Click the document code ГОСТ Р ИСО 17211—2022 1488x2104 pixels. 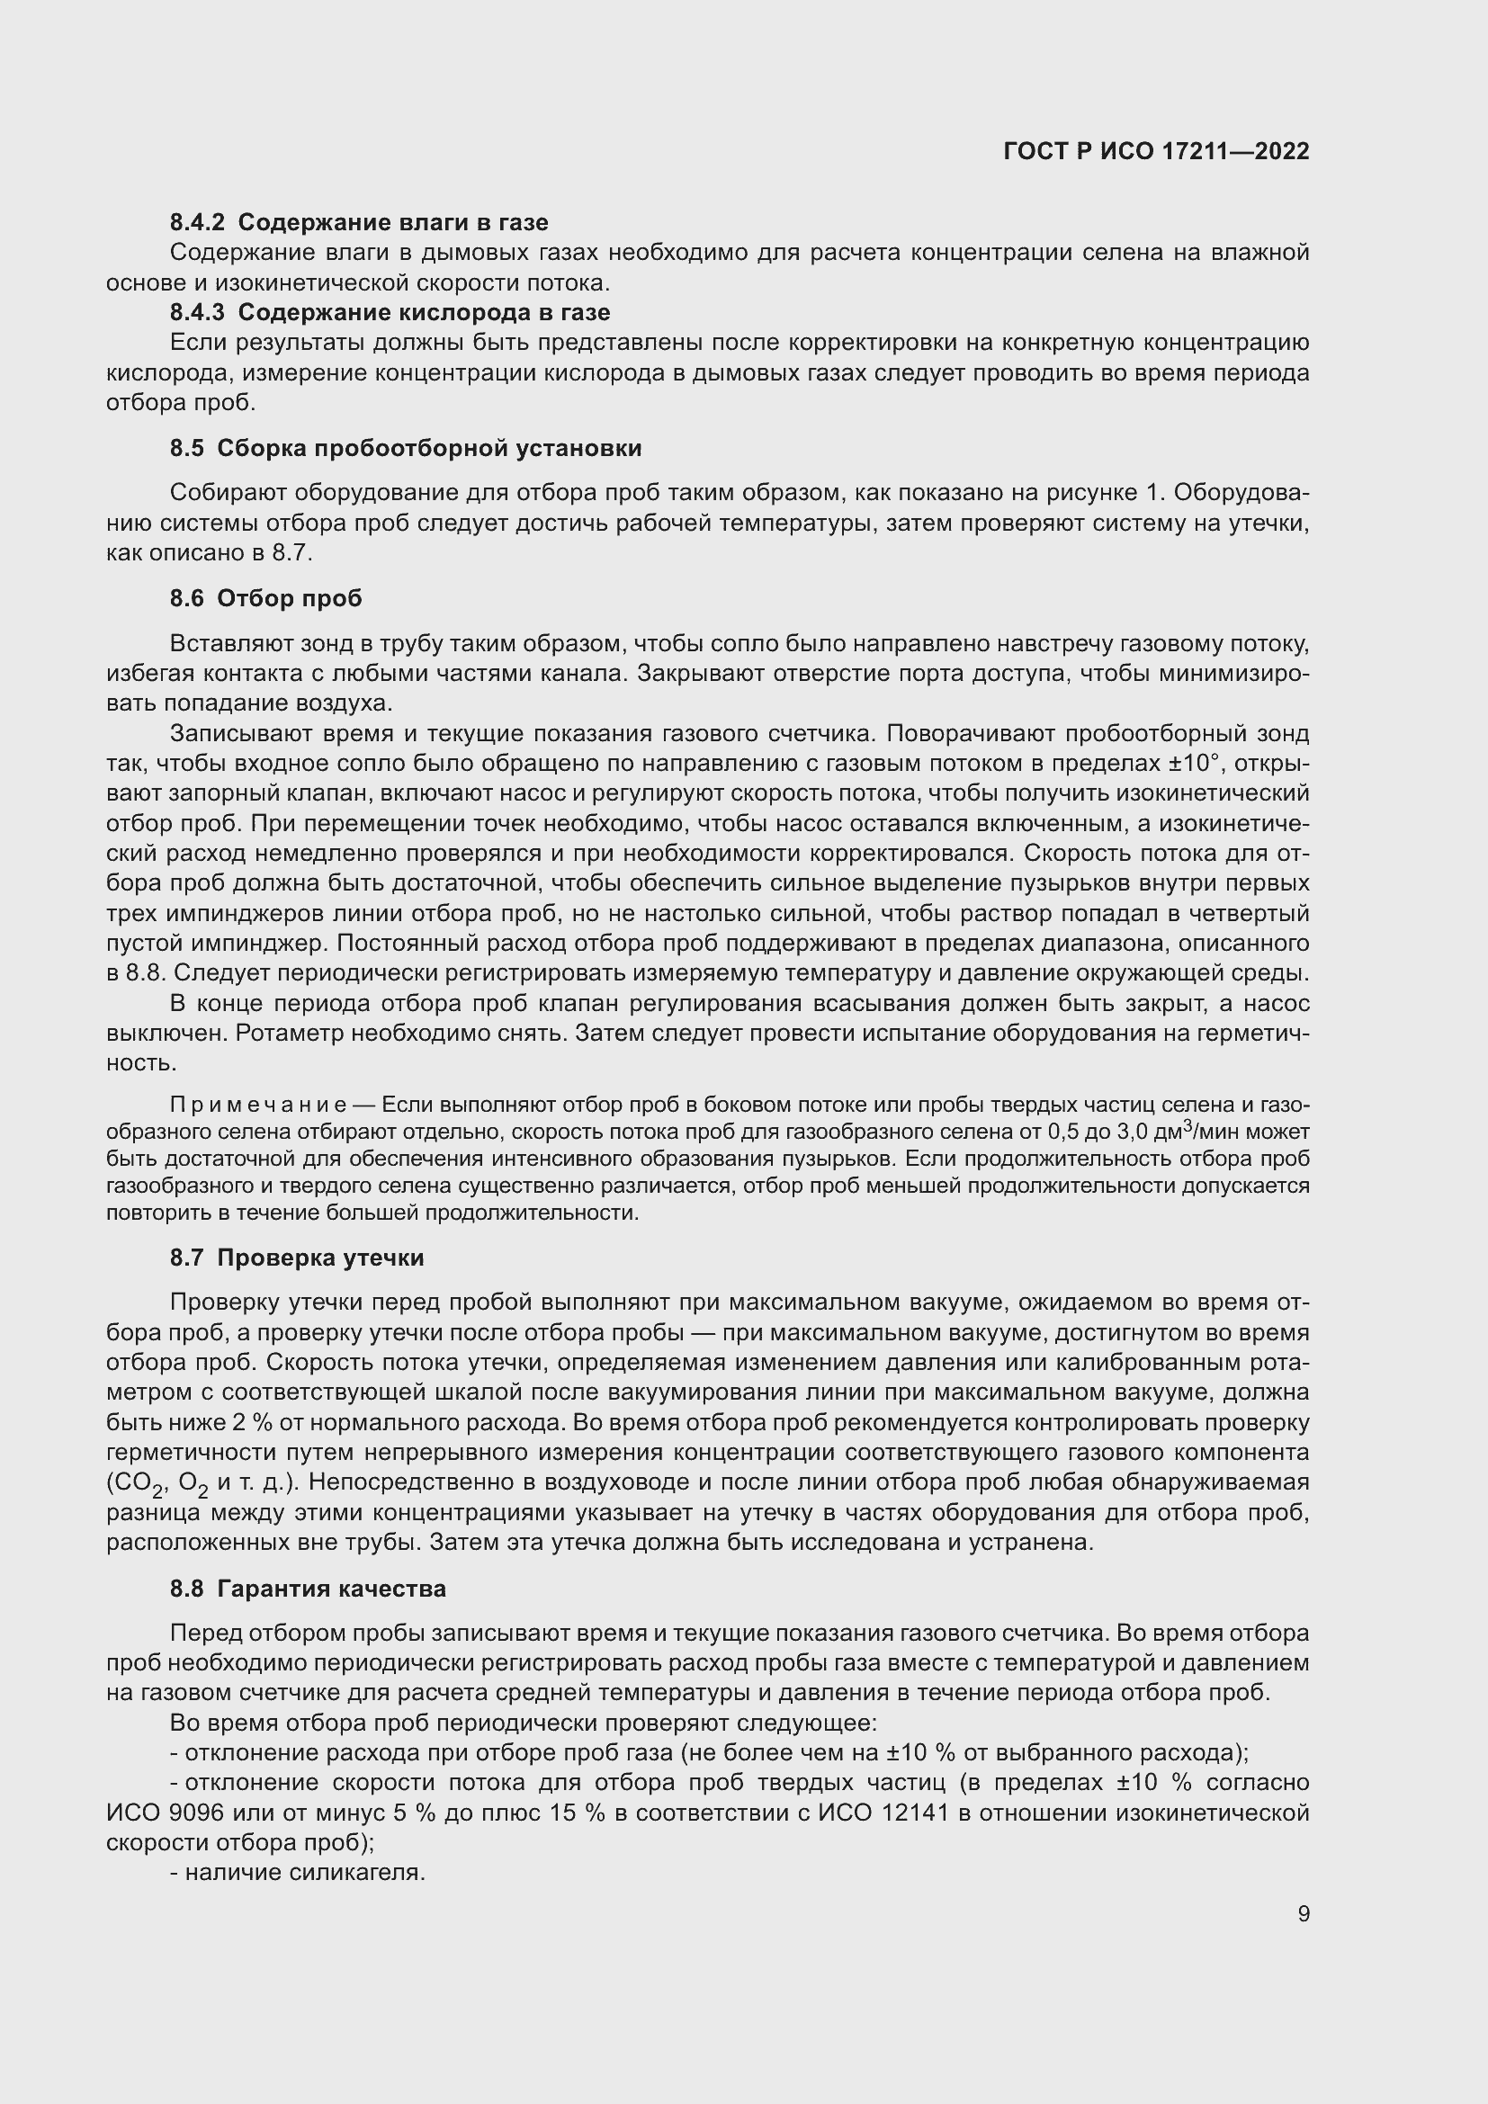tap(1156, 151)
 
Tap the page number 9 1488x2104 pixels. tap(1303, 1914)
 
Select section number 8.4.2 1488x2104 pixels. tap(197, 223)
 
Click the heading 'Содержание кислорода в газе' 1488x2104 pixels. tap(425, 312)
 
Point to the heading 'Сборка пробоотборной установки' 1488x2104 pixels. tap(429, 448)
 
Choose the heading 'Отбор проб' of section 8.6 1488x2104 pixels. tap(290, 598)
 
